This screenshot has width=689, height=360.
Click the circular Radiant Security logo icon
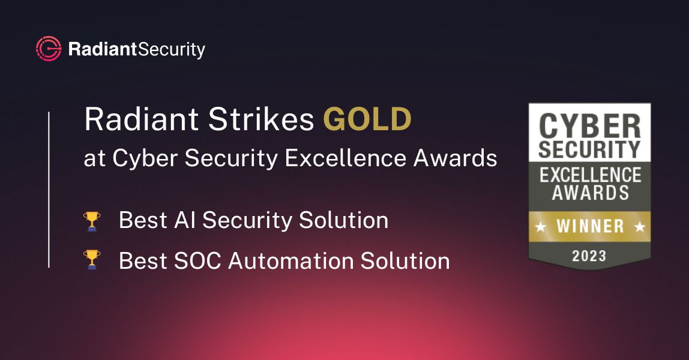48,49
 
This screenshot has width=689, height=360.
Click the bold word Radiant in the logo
103,49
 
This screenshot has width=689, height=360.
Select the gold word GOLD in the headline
367,119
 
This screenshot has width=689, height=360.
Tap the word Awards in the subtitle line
459,158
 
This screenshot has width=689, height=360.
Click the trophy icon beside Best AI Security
92,221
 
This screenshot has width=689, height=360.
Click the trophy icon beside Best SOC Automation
92,260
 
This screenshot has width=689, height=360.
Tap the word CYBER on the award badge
589,125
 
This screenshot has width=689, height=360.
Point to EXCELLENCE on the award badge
589,175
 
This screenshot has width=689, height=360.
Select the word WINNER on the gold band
589,226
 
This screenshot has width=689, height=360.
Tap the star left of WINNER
541,226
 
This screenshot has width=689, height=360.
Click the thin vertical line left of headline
49,189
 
